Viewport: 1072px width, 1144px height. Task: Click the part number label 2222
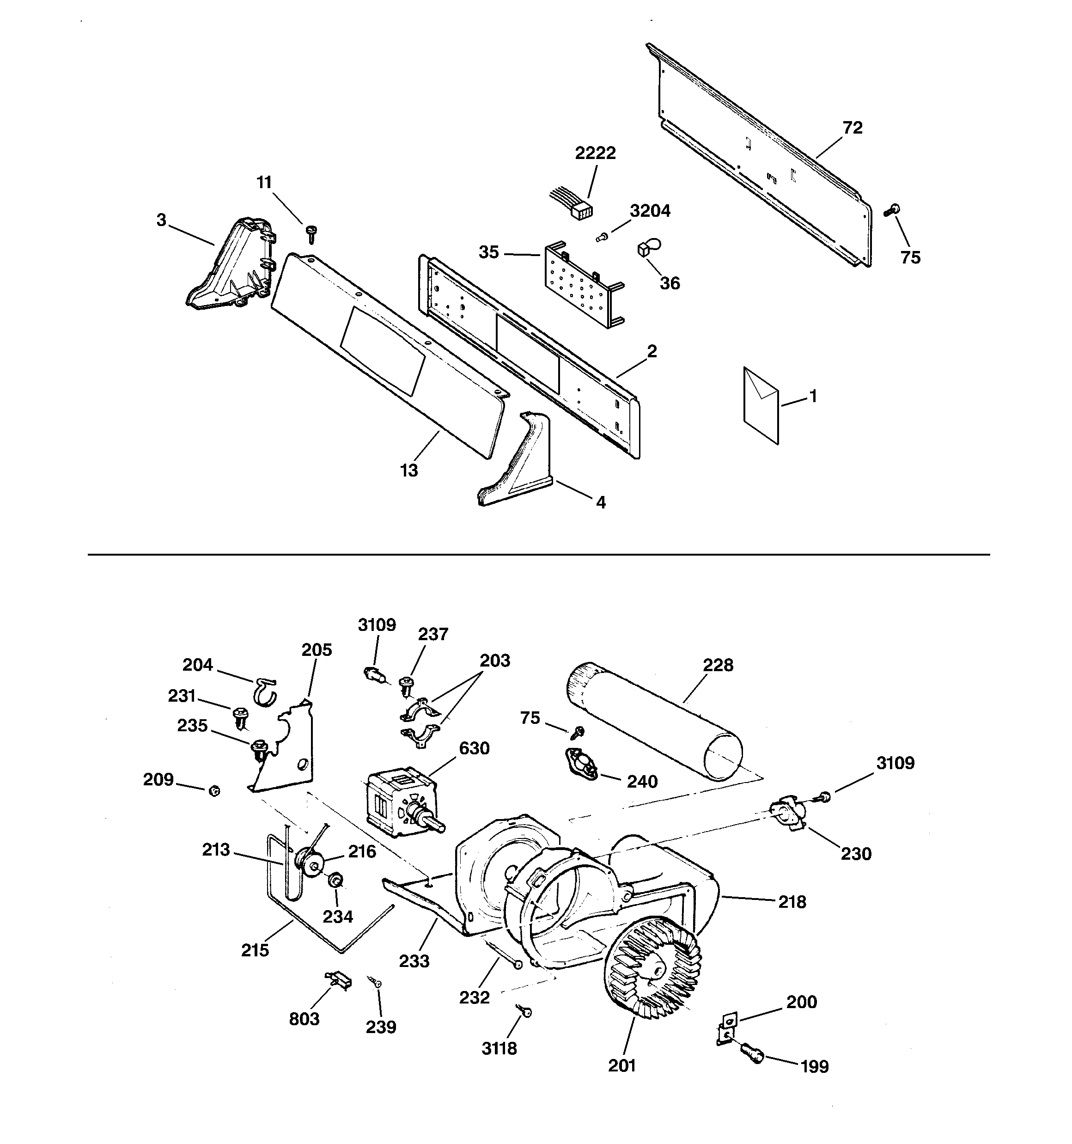595,153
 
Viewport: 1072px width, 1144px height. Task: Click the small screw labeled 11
312,233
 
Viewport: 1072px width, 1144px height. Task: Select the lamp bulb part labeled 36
645,249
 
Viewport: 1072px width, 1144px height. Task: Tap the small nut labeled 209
214,791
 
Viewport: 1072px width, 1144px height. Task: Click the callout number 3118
499,1048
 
